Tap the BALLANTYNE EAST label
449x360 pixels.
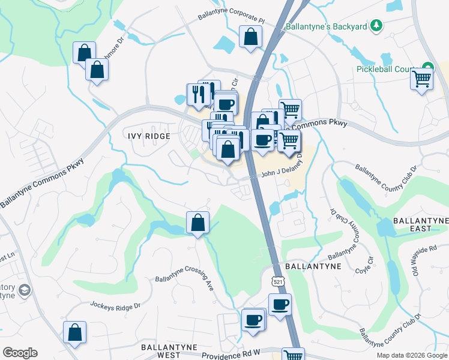click(x=420, y=225)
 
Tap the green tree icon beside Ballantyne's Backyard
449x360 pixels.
click(x=376, y=25)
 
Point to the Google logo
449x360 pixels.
click(x=20, y=353)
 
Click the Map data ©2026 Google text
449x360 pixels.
click(x=412, y=355)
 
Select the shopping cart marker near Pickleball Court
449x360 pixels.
click(x=421, y=79)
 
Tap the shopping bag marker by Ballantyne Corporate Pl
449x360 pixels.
click(x=250, y=37)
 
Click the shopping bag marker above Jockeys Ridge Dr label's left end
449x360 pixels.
click(x=75, y=332)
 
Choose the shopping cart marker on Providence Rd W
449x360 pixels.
click(x=292, y=355)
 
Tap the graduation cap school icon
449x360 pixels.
click(x=24, y=290)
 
